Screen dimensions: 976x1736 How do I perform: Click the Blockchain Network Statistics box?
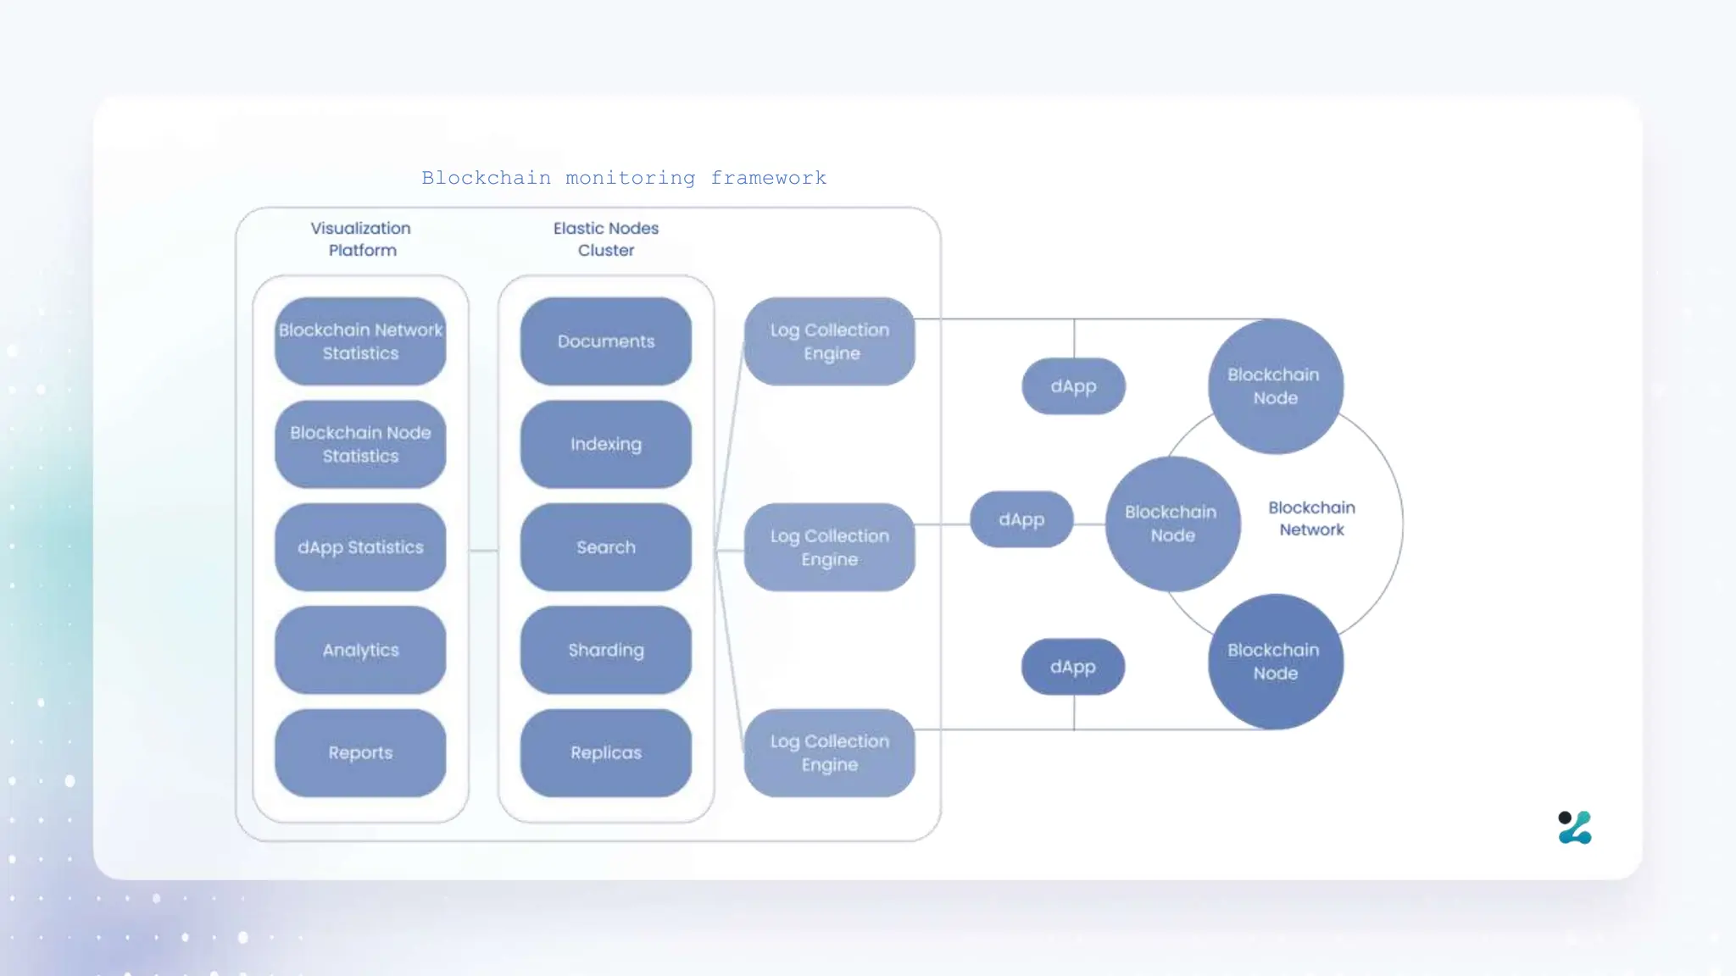(360, 341)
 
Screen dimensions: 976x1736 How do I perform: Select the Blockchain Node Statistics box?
(360, 444)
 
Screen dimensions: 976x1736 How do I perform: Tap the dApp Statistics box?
(360, 547)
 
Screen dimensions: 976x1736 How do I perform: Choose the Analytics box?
(360, 650)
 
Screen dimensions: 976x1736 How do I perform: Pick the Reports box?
(360, 752)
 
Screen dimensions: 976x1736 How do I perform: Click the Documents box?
(606, 341)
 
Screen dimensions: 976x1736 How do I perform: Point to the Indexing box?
(606, 444)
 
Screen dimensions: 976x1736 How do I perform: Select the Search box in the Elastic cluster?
(606, 547)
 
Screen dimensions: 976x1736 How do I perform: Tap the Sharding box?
(606, 650)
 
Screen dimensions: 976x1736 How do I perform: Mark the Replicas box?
(606, 752)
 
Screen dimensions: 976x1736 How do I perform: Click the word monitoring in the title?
(630, 178)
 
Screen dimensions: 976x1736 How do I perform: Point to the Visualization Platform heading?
(361, 239)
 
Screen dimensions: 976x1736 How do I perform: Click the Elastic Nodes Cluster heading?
(606, 239)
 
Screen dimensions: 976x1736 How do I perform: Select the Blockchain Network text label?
(1311, 518)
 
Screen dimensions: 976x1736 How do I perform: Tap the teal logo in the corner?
(1575, 828)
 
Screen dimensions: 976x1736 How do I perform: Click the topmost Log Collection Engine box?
(830, 341)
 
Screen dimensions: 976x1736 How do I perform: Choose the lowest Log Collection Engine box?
(830, 752)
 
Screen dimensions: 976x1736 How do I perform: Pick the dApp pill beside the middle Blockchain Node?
(1021, 519)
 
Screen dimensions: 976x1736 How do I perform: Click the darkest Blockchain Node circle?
(1276, 662)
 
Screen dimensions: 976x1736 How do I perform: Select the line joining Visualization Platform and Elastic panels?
(483, 551)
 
